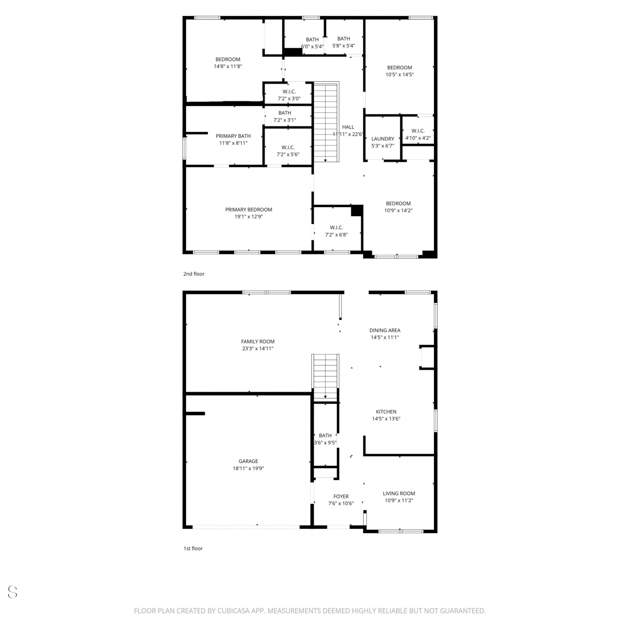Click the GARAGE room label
[x=248, y=461]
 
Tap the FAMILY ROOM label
[x=258, y=341]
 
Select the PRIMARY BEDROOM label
[x=249, y=210]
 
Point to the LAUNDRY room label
[x=383, y=139]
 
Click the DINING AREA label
[x=385, y=330]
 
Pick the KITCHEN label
[x=386, y=412]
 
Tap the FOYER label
[x=341, y=496]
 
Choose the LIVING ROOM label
[x=399, y=493]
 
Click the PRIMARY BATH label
[x=233, y=136]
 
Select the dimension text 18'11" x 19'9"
[x=248, y=468]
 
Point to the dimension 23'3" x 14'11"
[x=258, y=348]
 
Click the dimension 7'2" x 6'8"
[x=336, y=235]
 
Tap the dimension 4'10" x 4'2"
[x=418, y=138]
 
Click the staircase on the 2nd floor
[x=327, y=122]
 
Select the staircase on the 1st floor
[x=326, y=378]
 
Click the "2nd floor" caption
[x=194, y=274]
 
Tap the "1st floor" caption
[x=193, y=548]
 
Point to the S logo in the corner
[x=12, y=591]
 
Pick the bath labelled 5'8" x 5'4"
[x=343, y=42]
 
